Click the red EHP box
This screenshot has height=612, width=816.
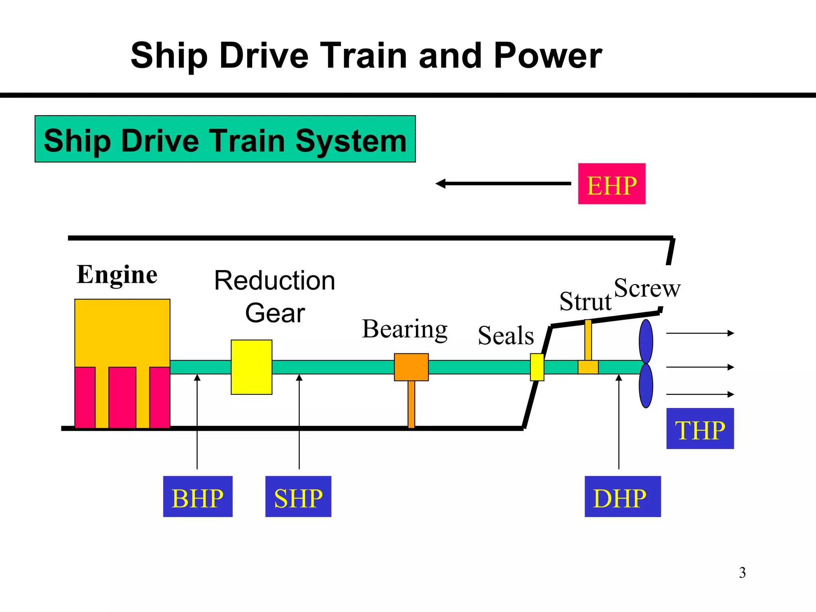coord(611,184)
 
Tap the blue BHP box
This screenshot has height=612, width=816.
coord(198,496)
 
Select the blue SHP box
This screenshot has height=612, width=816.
coord(298,496)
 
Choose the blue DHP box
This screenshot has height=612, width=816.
coord(622,496)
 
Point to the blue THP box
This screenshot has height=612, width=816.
coord(700,428)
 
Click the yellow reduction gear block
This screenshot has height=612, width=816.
coord(251,367)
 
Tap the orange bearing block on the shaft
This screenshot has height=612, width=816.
coord(411,367)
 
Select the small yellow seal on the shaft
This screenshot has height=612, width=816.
coord(537,367)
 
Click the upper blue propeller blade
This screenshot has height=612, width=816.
coord(646,341)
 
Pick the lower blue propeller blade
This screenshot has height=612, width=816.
coord(646,386)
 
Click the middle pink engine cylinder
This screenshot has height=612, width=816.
coord(122,397)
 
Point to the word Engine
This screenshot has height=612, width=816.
coord(117,275)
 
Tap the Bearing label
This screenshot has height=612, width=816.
coord(404,329)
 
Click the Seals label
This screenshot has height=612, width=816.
coord(506,335)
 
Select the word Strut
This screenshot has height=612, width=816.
coord(585,301)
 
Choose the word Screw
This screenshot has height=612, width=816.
coord(647,288)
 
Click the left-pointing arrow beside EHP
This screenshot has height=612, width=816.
coord(503,184)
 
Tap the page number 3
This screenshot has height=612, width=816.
coord(742,573)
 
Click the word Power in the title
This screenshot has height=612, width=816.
coord(547,56)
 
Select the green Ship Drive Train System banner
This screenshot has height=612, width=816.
coord(225,139)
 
